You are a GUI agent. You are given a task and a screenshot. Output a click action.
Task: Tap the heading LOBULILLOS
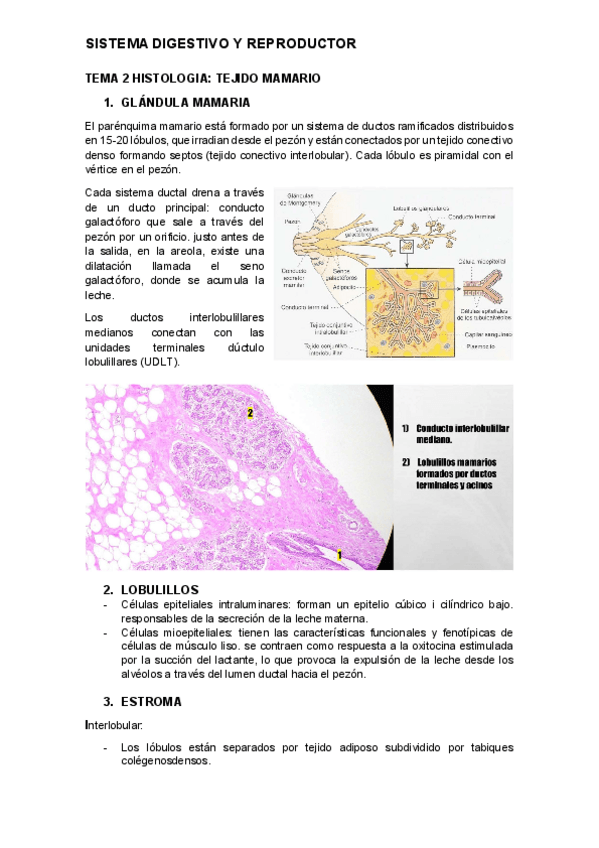click(159, 589)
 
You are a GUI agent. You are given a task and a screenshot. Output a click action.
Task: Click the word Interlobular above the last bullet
click(114, 724)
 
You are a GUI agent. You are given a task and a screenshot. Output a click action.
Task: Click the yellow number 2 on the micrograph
click(250, 412)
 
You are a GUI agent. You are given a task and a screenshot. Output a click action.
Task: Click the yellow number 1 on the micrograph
click(340, 554)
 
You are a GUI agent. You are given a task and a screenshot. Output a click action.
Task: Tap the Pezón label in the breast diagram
click(292, 222)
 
